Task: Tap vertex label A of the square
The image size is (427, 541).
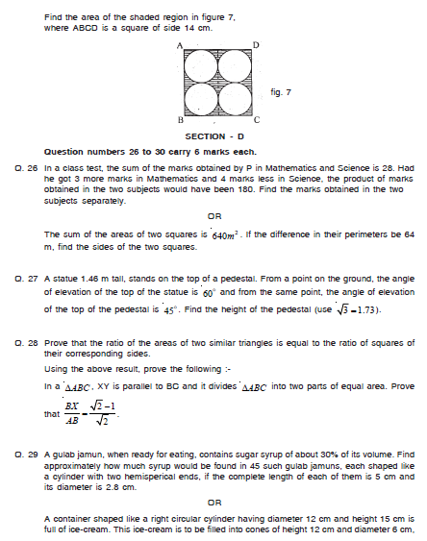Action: [x=180, y=45]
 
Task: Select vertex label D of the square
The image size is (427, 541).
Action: [x=255, y=45]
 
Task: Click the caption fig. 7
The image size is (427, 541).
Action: [x=282, y=91]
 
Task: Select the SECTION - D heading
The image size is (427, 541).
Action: [x=217, y=136]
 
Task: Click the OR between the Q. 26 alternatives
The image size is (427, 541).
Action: [x=215, y=215]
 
